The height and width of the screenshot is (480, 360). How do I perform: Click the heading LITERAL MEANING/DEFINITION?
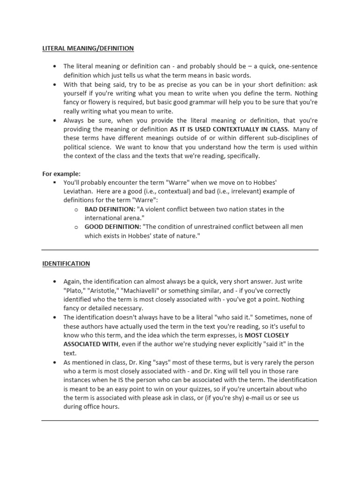(x=88, y=48)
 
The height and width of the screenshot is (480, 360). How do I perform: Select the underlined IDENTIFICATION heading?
(x=66, y=263)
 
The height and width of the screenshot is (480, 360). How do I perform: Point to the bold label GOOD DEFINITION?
(x=112, y=227)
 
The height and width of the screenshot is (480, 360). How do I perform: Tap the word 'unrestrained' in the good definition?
(x=206, y=227)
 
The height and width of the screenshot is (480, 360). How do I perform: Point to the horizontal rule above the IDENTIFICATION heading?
(x=180, y=250)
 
